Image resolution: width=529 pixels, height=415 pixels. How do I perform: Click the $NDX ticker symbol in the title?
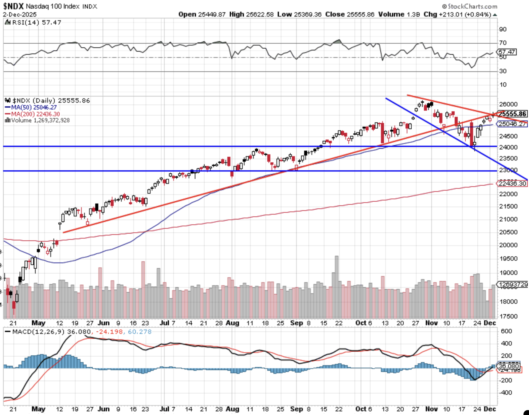pos(14,6)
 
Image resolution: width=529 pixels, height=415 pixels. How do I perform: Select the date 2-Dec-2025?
pos(20,14)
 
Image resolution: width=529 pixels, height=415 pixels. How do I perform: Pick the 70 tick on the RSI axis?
pos(503,43)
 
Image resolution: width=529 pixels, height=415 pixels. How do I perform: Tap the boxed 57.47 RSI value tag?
pos(507,52)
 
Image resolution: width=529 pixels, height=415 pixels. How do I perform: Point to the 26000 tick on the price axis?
pos(508,105)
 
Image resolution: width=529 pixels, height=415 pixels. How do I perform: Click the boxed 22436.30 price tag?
pos(512,184)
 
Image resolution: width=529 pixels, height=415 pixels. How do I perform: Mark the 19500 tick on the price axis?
pos(508,259)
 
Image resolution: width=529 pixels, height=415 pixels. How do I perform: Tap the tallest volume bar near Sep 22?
pos(337,271)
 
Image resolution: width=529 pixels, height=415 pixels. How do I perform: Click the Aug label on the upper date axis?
pos(232,323)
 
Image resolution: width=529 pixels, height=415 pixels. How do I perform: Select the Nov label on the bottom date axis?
pos(431,409)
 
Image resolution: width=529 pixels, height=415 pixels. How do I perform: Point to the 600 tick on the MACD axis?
pos(506,331)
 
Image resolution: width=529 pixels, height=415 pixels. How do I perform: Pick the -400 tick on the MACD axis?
pos(505,393)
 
